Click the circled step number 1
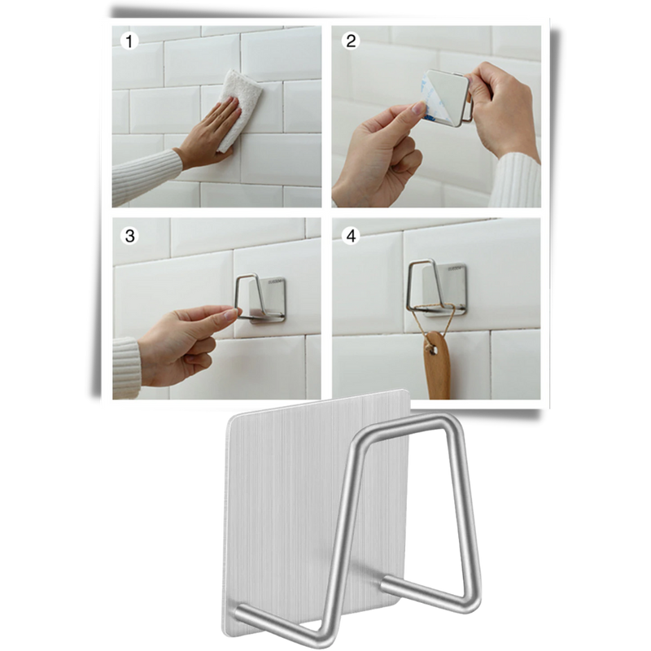coord(128,42)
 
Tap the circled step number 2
coord(352,42)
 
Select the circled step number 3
coord(128,236)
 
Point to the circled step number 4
coord(352,236)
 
